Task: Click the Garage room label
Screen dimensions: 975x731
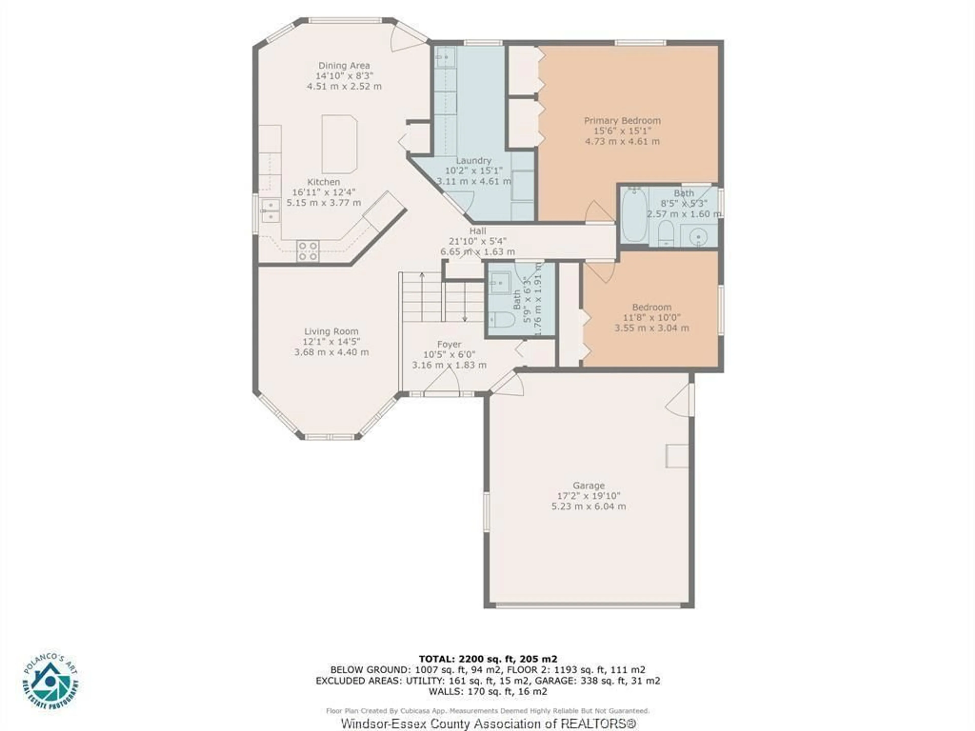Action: pyautogui.click(x=589, y=486)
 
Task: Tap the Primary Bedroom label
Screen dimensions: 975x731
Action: pyautogui.click(x=622, y=120)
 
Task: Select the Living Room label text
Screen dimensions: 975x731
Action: pyautogui.click(x=331, y=331)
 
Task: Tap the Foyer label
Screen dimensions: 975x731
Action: pyautogui.click(x=449, y=344)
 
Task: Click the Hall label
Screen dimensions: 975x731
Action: pyautogui.click(x=478, y=231)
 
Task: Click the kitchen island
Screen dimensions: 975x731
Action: pyautogui.click(x=339, y=144)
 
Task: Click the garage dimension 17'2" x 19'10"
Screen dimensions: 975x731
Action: pyautogui.click(x=589, y=496)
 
